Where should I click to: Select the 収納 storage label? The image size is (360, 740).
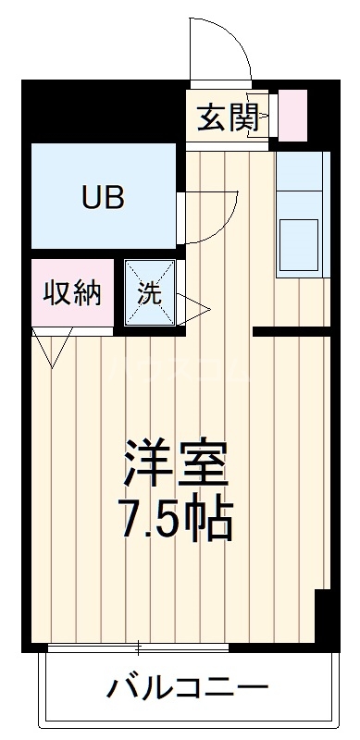tap(71, 294)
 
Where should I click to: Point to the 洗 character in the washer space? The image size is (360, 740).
tap(149, 295)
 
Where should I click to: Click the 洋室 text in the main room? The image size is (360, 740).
tap(176, 461)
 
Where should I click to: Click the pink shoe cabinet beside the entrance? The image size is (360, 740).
tap(292, 114)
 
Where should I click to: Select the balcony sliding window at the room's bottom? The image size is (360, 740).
tap(139, 647)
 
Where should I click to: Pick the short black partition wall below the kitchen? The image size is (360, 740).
tap(292, 331)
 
